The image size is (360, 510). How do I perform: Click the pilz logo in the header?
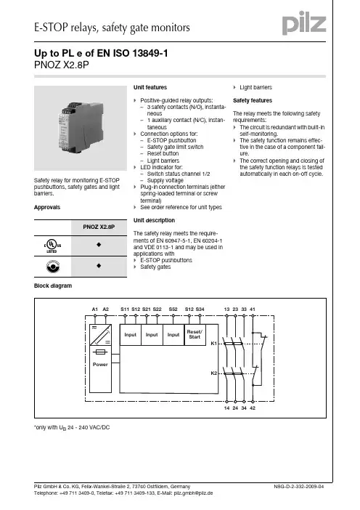click(x=304, y=23)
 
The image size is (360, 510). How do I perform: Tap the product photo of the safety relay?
click(x=81, y=128)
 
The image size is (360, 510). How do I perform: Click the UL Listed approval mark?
click(x=52, y=246)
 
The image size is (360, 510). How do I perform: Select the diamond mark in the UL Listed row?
click(x=99, y=245)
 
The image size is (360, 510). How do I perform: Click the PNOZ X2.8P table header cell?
click(x=99, y=227)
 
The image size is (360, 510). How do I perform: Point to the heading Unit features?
click(x=150, y=87)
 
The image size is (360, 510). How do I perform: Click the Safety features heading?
click(x=253, y=100)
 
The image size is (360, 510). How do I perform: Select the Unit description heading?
click(x=154, y=220)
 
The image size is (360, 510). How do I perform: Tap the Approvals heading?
click(x=47, y=207)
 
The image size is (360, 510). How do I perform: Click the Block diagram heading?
click(x=53, y=286)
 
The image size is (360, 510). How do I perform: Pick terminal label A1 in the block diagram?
click(x=94, y=309)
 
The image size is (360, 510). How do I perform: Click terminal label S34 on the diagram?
click(x=200, y=309)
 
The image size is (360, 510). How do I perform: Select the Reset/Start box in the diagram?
click(x=195, y=335)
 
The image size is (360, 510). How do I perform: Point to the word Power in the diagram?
click(x=100, y=364)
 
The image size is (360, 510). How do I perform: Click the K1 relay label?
click(x=213, y=343)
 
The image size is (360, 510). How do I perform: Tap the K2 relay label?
click(x=213, y=373)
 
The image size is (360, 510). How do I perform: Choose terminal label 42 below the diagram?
click(x=253, y=408)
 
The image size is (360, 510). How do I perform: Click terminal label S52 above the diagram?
click(x=173, y=309)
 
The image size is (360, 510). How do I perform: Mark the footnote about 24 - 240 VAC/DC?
click(x=72, y=427)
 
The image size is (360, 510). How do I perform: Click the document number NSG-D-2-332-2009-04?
click(x=298, y=486)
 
